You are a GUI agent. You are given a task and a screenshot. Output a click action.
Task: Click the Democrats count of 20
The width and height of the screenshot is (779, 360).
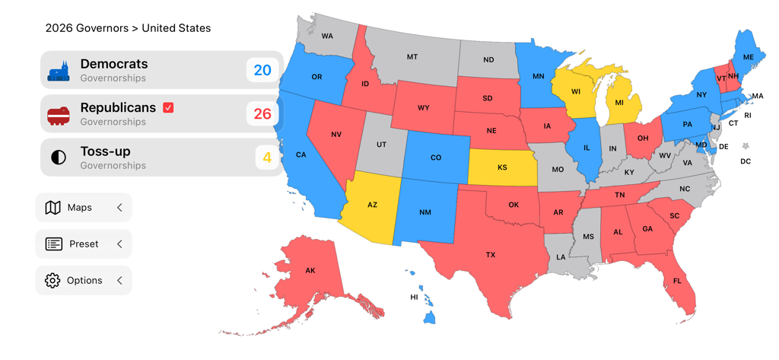pos(262,70)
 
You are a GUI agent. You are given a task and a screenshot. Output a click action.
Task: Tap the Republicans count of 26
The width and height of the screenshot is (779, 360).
pos(262,114)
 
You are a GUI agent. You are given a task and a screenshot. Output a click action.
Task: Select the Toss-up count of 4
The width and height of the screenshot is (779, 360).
pos(267,158)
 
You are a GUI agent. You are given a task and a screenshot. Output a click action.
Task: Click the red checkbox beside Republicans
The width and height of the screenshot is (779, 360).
pos(168,107)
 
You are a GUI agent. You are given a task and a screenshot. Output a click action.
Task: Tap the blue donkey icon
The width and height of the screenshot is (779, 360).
pos(59,72)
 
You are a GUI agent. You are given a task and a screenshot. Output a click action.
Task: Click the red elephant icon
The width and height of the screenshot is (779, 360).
pos(59,115)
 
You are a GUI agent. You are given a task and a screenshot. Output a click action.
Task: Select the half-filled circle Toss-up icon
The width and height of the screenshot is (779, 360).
pos(59,158)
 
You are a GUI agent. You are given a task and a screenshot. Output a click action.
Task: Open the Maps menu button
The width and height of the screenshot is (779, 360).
pos(84,208)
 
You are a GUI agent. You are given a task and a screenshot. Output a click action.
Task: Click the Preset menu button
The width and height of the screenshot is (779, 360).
pos(84,244)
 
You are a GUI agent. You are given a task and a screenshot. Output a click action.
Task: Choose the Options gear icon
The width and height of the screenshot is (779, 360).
pos(52,280)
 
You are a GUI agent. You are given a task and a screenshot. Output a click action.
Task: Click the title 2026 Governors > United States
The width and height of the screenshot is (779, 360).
pos(128,28)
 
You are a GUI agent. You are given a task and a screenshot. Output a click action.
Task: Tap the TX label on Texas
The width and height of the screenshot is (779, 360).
pos(491,255)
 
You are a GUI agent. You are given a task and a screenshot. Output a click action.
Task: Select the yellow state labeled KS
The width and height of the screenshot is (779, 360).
pos(502,167)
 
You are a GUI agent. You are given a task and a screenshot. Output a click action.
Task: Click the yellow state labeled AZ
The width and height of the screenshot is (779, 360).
pos(372,205)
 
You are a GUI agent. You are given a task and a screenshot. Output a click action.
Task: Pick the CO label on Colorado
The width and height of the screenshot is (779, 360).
pos(436,158)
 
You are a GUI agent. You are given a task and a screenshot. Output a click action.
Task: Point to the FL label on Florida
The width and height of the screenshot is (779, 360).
pos(676,281)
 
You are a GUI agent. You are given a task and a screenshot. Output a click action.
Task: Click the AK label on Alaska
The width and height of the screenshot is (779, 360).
pos(310,271)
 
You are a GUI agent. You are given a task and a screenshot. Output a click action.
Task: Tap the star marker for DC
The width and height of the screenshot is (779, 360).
pos(746,146)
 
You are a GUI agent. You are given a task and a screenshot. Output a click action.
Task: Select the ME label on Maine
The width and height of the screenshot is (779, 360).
pos(749,58)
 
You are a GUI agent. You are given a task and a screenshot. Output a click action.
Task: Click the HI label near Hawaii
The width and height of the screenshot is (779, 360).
pos(414,297)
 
